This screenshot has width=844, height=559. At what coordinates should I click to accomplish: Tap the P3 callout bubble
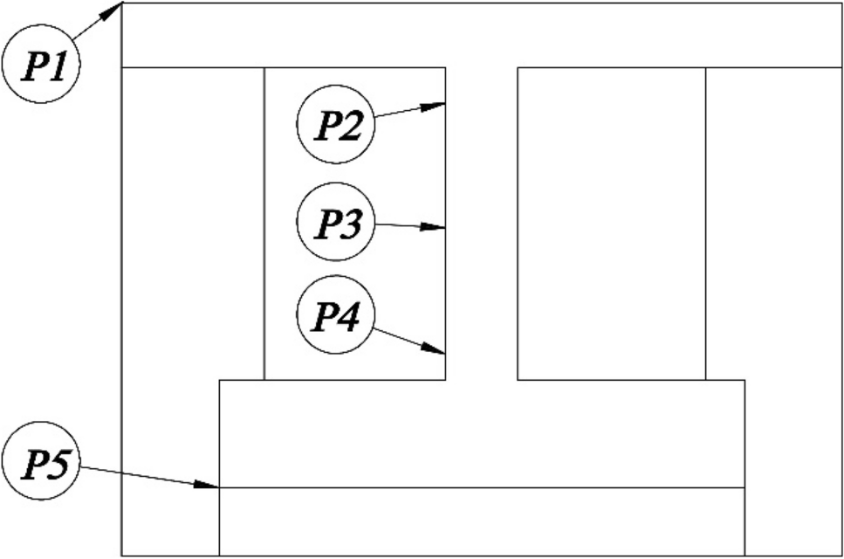tap(336, 223)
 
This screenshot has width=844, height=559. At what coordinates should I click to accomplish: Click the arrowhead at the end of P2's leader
tap(436, 106)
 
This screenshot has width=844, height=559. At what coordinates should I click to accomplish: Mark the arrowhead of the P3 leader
tap(436, 227)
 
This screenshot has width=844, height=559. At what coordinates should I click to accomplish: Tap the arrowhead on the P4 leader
tap(436, 349)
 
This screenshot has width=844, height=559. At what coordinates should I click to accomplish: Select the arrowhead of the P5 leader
tap(209, 485)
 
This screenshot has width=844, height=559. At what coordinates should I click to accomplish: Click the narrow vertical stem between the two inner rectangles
tap(482, 223)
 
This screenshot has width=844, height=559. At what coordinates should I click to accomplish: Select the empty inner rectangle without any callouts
tap(611, 223)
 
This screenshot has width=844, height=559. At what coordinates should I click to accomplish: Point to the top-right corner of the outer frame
tap(842, 3)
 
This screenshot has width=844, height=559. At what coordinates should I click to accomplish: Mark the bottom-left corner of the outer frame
tap(121, 556)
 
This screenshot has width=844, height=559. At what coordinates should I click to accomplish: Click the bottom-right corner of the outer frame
tap(842, 556)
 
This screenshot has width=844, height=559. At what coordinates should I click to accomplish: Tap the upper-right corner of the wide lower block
tap(745, 380)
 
